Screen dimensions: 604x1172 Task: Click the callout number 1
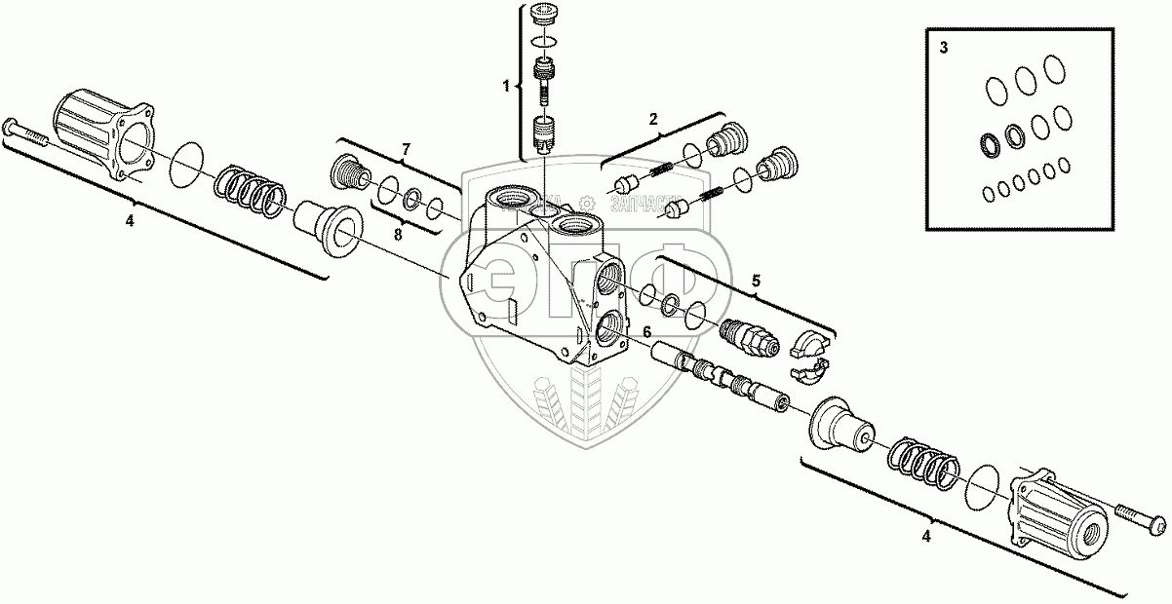[506, 87]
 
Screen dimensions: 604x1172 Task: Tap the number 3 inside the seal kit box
[942, 49]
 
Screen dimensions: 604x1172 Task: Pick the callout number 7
[407, 148]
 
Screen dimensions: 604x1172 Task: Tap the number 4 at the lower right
[926, 535]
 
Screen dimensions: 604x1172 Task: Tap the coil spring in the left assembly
[249, 188]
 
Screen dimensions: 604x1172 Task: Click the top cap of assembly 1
[548, 17]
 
